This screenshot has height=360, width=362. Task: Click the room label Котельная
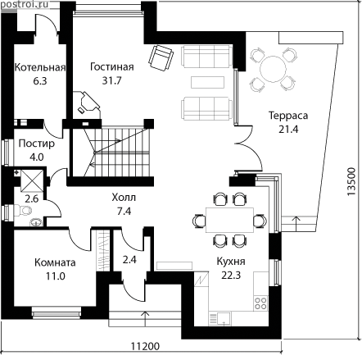(x=40, y=67)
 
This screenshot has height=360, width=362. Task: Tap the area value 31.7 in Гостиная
(x=111, y=80)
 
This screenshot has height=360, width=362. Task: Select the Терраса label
(x=288, y=116)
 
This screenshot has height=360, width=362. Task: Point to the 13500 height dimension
(x=352, y=182)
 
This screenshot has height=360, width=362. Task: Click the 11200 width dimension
(x=145, y=346)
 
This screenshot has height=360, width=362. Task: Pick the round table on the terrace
(x=273, y=69)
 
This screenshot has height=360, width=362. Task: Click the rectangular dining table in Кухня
(x=229, y=220)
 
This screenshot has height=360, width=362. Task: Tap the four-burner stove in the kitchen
(x=260, y=303)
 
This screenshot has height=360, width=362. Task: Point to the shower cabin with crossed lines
(x=32, y=180)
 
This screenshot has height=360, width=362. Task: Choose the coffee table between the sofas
(x=207, y=82)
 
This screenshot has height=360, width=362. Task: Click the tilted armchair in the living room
(x=161, y=58)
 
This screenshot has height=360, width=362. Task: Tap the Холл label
(x=124, y=198)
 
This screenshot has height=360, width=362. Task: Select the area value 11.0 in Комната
(x=55, y=276)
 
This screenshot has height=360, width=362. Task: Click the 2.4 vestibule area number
(x=129, y=259)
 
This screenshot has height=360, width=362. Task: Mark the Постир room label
(x=36, y=144)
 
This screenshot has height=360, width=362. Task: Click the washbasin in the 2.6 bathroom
(x=35, y=222)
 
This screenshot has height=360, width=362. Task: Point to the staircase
(x=116, y=152)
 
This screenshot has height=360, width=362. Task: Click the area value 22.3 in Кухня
(x=231, y=276)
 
